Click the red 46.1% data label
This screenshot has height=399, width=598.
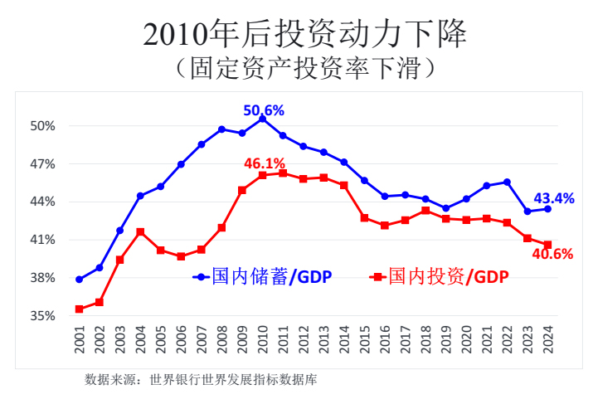pyautogui.click(x=265, y=163)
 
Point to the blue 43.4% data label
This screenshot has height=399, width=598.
pyautogui.click(x=553, y=198)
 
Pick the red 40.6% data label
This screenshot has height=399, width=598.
pyautogui.click(x=552, y=255)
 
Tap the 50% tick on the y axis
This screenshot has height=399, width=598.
pyautogui.click(x=43, y=126)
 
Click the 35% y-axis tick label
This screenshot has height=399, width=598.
pyautogui.click(x=43, y=316)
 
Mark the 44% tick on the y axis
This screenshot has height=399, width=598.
pyautogui.click(x=43, y=202)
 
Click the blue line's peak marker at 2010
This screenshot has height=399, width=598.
pyautogui.click(x=262, y=119)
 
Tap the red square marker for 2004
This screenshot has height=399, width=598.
pyautogui.click(x=140, y=231)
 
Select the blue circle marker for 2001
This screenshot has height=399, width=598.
pyautogui.click(x=79, y=280)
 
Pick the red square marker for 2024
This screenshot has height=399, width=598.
pyautogui.click(x=547, y=245)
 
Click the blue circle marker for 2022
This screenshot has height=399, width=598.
pyautogui.click(x=507, y=182)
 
